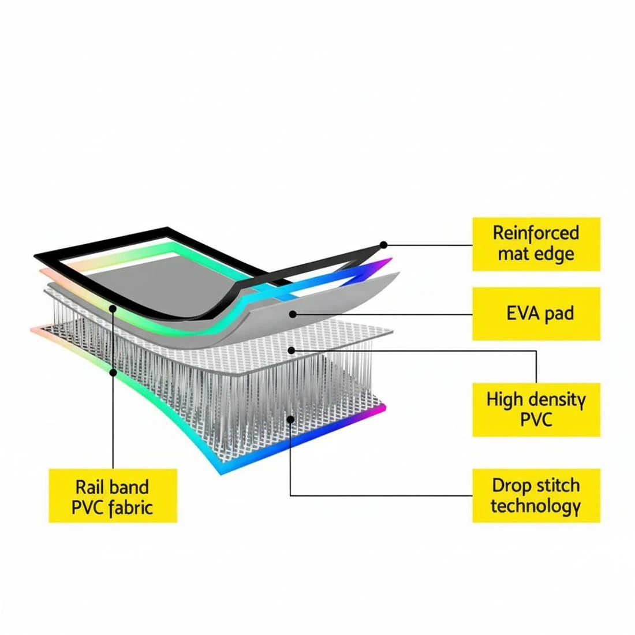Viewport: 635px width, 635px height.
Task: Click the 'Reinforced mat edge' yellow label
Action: click(536, 244)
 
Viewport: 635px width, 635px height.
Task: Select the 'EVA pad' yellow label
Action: click(536, 314)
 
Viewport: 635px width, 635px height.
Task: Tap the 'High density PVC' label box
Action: click(536, 410)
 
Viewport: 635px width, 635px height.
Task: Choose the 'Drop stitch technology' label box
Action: click(536, 496)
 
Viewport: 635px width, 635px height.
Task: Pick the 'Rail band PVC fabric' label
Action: click(113, 496)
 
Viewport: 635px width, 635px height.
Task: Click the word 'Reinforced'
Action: click(536, 233)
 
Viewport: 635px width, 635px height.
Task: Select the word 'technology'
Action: click(536, 506)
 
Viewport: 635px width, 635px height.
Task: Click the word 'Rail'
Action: click(89, 487)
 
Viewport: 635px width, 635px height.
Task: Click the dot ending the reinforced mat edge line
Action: click(383, 245)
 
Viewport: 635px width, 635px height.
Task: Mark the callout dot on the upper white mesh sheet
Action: click(291, 350)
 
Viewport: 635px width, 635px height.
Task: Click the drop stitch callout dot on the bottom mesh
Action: click(290, 419)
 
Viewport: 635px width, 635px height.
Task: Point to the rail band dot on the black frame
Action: click(113, 309)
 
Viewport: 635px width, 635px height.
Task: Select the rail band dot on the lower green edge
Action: click(113, 371)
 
